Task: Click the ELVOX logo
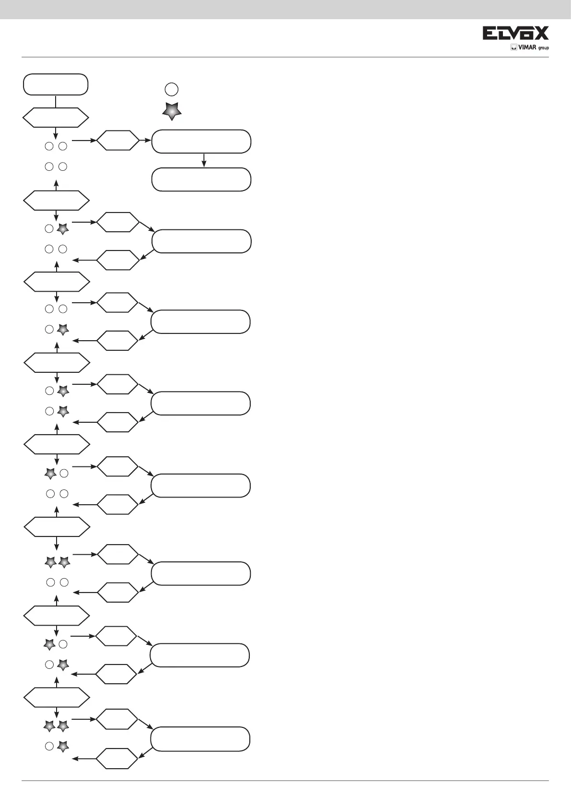[515, 33]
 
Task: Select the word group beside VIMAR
[543, 48]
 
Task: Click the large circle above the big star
[172, 89]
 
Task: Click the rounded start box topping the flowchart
[56, 85]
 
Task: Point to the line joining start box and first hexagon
[56, 102]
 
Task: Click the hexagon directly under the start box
[56, 118]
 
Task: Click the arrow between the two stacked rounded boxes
[204, 160]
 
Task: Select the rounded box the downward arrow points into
[201, 179]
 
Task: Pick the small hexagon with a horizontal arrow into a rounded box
[118, 141]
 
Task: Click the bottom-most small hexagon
[117, 758]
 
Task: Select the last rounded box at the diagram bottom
[200, 739]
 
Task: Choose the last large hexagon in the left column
[57, 697]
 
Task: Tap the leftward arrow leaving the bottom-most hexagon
[84, 759]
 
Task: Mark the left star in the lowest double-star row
[49, 726]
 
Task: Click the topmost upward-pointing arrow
[57, 184]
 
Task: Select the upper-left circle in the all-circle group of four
[49, 146]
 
